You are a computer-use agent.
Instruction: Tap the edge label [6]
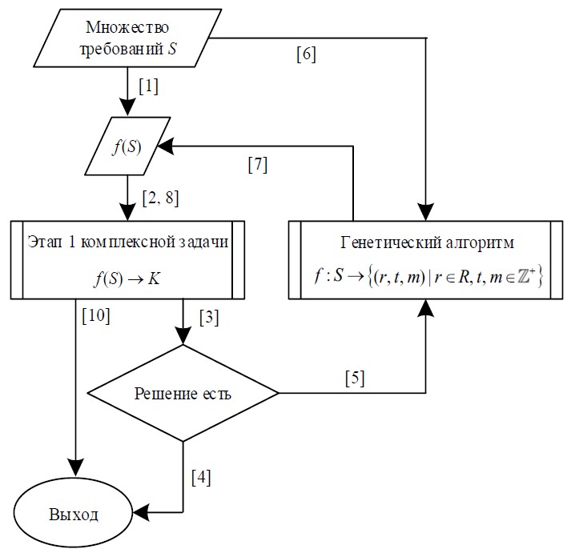(x=306, y=55)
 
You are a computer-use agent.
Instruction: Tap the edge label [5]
(x=354, y=378)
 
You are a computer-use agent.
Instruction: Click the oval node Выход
(x=74, y=513)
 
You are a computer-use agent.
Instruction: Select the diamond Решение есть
(x=183, y=393)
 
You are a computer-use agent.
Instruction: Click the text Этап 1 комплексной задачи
(x=127, y=242)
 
